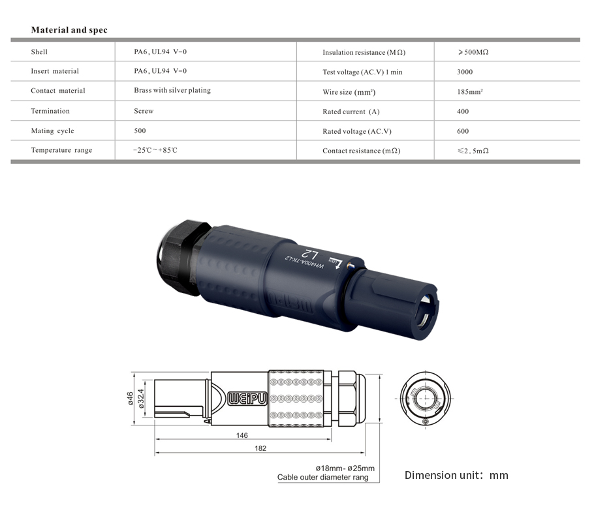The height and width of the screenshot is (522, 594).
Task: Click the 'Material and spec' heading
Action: (69, 30)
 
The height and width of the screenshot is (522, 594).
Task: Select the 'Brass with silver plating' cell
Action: (172, 90)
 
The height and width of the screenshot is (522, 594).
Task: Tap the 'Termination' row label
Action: (50, 111)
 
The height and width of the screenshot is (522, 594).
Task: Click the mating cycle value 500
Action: (140, 130)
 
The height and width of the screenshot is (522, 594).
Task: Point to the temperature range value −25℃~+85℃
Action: (155, 150)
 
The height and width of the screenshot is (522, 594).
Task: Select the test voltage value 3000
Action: (465, 72)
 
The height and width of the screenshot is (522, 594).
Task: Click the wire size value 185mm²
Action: (470, 92)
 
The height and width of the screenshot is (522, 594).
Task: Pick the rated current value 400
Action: (463, 112)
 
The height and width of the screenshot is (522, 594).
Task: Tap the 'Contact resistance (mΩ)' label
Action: (361, 151)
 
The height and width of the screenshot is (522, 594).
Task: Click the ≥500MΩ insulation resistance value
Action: (473, 52)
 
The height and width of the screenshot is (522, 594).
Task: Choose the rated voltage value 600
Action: (463, 131)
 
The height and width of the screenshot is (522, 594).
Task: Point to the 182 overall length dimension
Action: (260, 448)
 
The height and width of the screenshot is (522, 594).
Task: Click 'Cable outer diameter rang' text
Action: (322, 478)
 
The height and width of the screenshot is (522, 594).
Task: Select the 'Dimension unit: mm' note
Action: (456, 475)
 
